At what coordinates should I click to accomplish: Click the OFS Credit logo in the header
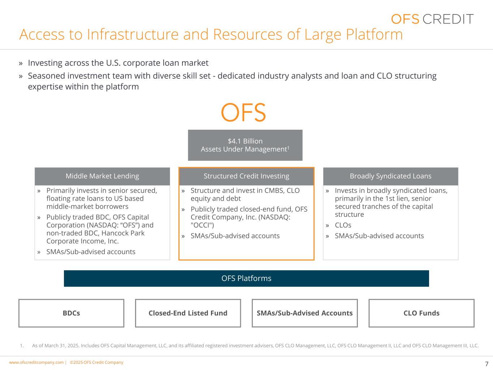[432, 19]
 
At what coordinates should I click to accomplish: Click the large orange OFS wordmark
[243, 112]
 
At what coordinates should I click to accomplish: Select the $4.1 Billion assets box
[245, 145]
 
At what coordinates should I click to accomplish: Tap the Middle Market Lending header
[102, 176]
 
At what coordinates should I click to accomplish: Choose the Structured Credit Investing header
[246, 176]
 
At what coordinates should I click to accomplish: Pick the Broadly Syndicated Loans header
[390, 176]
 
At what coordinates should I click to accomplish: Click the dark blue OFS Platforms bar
[246, 279]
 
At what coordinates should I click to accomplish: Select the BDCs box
[71, 313]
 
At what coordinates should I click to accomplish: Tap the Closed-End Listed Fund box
[188, 313]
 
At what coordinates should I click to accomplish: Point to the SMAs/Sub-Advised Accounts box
[304, 313]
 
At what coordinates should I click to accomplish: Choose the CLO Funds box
[421, 313]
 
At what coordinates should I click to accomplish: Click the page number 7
[486, 364]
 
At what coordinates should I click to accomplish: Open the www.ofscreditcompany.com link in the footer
[36, 362]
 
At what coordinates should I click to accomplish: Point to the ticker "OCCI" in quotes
[202, 225]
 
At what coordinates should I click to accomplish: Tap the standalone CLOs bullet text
[343, 225]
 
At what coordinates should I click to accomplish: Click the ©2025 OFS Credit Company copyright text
[96, 362]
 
